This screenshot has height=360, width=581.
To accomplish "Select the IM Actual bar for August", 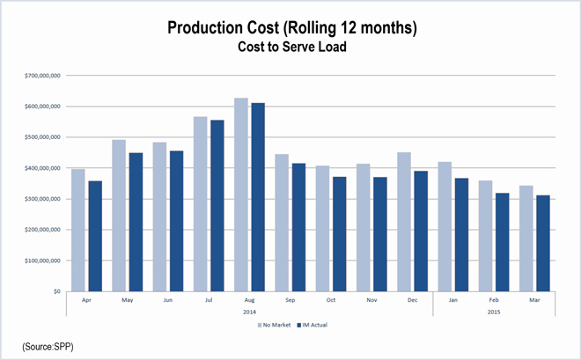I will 258,197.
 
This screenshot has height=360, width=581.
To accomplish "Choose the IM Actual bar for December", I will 421,231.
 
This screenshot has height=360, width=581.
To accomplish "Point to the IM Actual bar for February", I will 503,242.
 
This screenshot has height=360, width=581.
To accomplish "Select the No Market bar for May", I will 119,215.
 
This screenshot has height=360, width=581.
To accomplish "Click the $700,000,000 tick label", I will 42,76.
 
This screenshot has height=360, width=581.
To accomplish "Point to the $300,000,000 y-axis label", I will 42,199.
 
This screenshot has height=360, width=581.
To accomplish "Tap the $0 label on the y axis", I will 55,291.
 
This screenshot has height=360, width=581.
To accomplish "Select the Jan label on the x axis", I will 453,299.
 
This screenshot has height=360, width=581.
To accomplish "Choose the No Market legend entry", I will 275,325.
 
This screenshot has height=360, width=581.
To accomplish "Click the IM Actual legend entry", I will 315,325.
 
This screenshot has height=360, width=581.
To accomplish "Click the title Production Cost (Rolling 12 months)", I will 291,29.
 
